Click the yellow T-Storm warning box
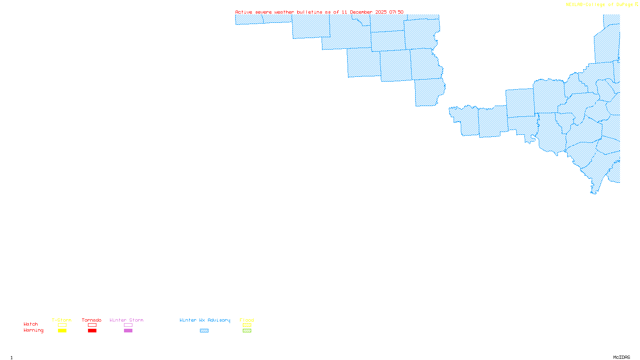coord(62,331)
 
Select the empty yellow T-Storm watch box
coord(62,325)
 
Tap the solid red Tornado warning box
coord(92,331)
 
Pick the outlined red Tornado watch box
coord(92,325)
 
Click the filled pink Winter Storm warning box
coord(128,331)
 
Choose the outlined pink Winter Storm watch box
coord(128,325)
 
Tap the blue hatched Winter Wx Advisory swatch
coord(204,331)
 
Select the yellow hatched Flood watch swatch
coord(247,325)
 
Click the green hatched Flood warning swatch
coord(247,331)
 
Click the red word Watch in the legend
coord(31,324)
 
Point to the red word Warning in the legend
coord(33,330)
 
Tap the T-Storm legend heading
coord(62,320)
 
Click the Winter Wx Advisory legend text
coord(205,320)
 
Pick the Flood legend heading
coord(247,320)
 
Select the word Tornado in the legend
coord(92,320)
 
